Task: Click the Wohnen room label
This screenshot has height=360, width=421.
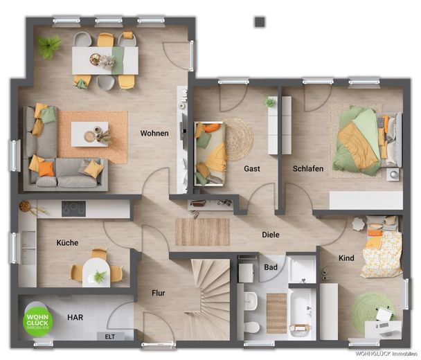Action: click(154, 133)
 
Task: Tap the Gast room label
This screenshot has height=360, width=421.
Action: click(252, 169)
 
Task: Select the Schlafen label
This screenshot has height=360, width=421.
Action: click(308, 169)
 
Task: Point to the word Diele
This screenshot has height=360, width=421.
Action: click(271, 235)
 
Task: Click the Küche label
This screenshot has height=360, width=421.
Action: click(67, 243)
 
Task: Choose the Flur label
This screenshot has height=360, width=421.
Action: click(158, 293)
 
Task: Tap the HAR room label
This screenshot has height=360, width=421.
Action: click(75, 317)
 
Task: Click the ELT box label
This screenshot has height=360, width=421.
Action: click(110, 336)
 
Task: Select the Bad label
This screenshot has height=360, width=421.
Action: click(271, 267)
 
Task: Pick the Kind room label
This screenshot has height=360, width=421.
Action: click(346, 258)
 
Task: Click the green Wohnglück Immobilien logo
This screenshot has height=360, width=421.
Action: click(37, 321)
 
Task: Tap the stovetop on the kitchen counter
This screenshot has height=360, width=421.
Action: click(73, 208)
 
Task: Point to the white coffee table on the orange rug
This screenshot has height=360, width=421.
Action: click(90, 134)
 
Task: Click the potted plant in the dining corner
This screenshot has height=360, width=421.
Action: click(50, 46)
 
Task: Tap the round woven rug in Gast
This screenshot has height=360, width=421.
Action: click(238, 140)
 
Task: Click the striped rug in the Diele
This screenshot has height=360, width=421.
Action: click(202, 232)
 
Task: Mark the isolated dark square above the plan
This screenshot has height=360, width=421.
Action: click(260, 22)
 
